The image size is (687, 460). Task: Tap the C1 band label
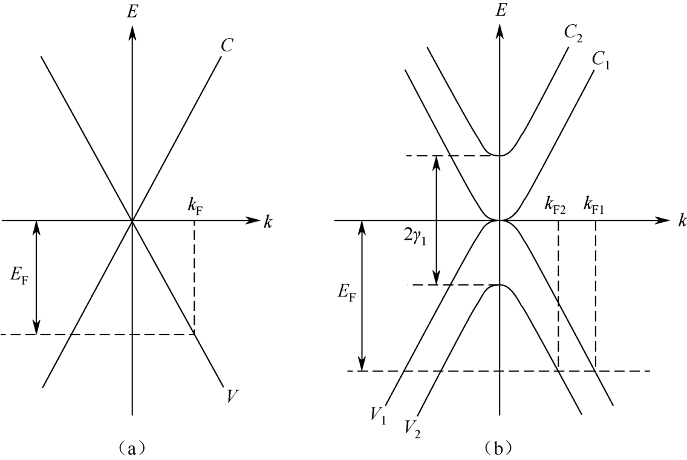coord(601,63)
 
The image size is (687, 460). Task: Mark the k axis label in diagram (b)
coord(682,222)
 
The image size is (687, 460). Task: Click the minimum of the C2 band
coord(499,156)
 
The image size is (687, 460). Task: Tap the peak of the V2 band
coord(499,284)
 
